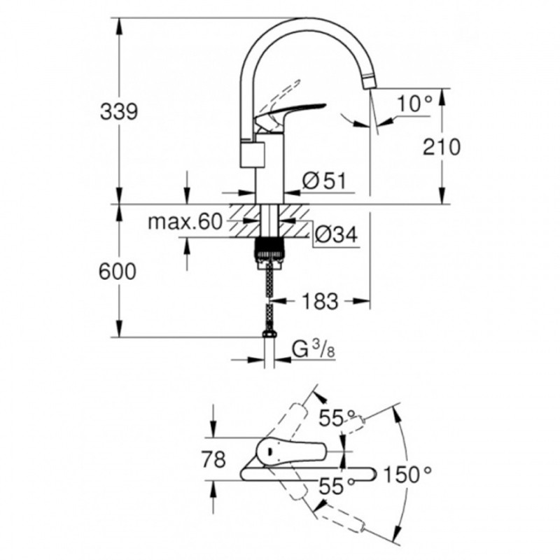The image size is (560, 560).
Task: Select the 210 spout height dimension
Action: [442, 147]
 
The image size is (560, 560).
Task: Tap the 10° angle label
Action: [414, 104]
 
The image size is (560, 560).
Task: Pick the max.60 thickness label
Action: [185, 222]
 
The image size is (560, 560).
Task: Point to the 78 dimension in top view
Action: [213, 460]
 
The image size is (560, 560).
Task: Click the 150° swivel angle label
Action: [407, 475]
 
